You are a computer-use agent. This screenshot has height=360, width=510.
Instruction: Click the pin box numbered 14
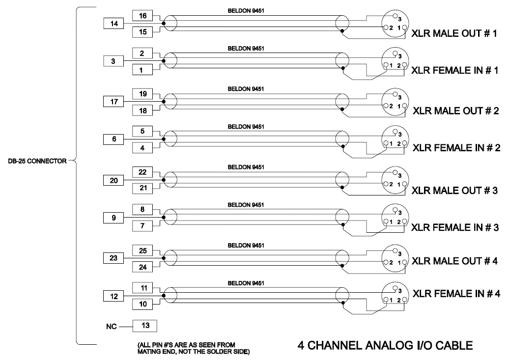click(x=113, y=24)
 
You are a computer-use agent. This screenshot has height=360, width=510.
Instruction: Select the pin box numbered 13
click(x=145, y=326)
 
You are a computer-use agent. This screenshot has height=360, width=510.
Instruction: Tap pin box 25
click(x=142, y=250)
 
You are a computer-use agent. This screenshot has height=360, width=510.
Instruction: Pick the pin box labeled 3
click(x=113, y=61)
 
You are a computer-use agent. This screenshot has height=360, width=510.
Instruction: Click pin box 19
click(x=142, y=94)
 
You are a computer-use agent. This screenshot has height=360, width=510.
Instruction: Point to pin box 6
click(x=113, y=139)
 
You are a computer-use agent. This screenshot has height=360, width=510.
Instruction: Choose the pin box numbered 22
click(x=142, y=172)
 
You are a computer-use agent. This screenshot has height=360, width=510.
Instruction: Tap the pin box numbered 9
click(x=113, y=218)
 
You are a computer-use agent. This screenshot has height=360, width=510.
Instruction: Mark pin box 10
click(x=142, y=304)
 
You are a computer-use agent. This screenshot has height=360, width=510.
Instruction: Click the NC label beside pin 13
click(x=111, y=326)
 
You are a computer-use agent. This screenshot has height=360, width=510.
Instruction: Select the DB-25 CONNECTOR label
click(x=37, y=161)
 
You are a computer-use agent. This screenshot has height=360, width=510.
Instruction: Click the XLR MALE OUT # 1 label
click(x=454, y=33)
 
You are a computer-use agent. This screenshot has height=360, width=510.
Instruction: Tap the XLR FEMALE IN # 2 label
click(x=456, y=148)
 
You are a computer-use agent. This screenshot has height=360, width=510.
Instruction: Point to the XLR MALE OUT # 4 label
click(x=454, y=261)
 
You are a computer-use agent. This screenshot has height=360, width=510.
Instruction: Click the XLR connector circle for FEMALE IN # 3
click(x=395, y=218)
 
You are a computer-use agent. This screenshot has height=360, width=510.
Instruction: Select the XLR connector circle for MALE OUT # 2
click(x=395, y=102)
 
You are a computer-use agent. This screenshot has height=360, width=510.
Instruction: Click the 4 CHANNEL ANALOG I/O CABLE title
click(x=385, y=345)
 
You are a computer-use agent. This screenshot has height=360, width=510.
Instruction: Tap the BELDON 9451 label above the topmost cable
click(x=246, y=11)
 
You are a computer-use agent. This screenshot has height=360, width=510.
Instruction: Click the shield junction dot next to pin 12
click(x=164, y=296)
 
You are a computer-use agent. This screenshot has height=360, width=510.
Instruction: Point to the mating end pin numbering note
click(x=193, y=348)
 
